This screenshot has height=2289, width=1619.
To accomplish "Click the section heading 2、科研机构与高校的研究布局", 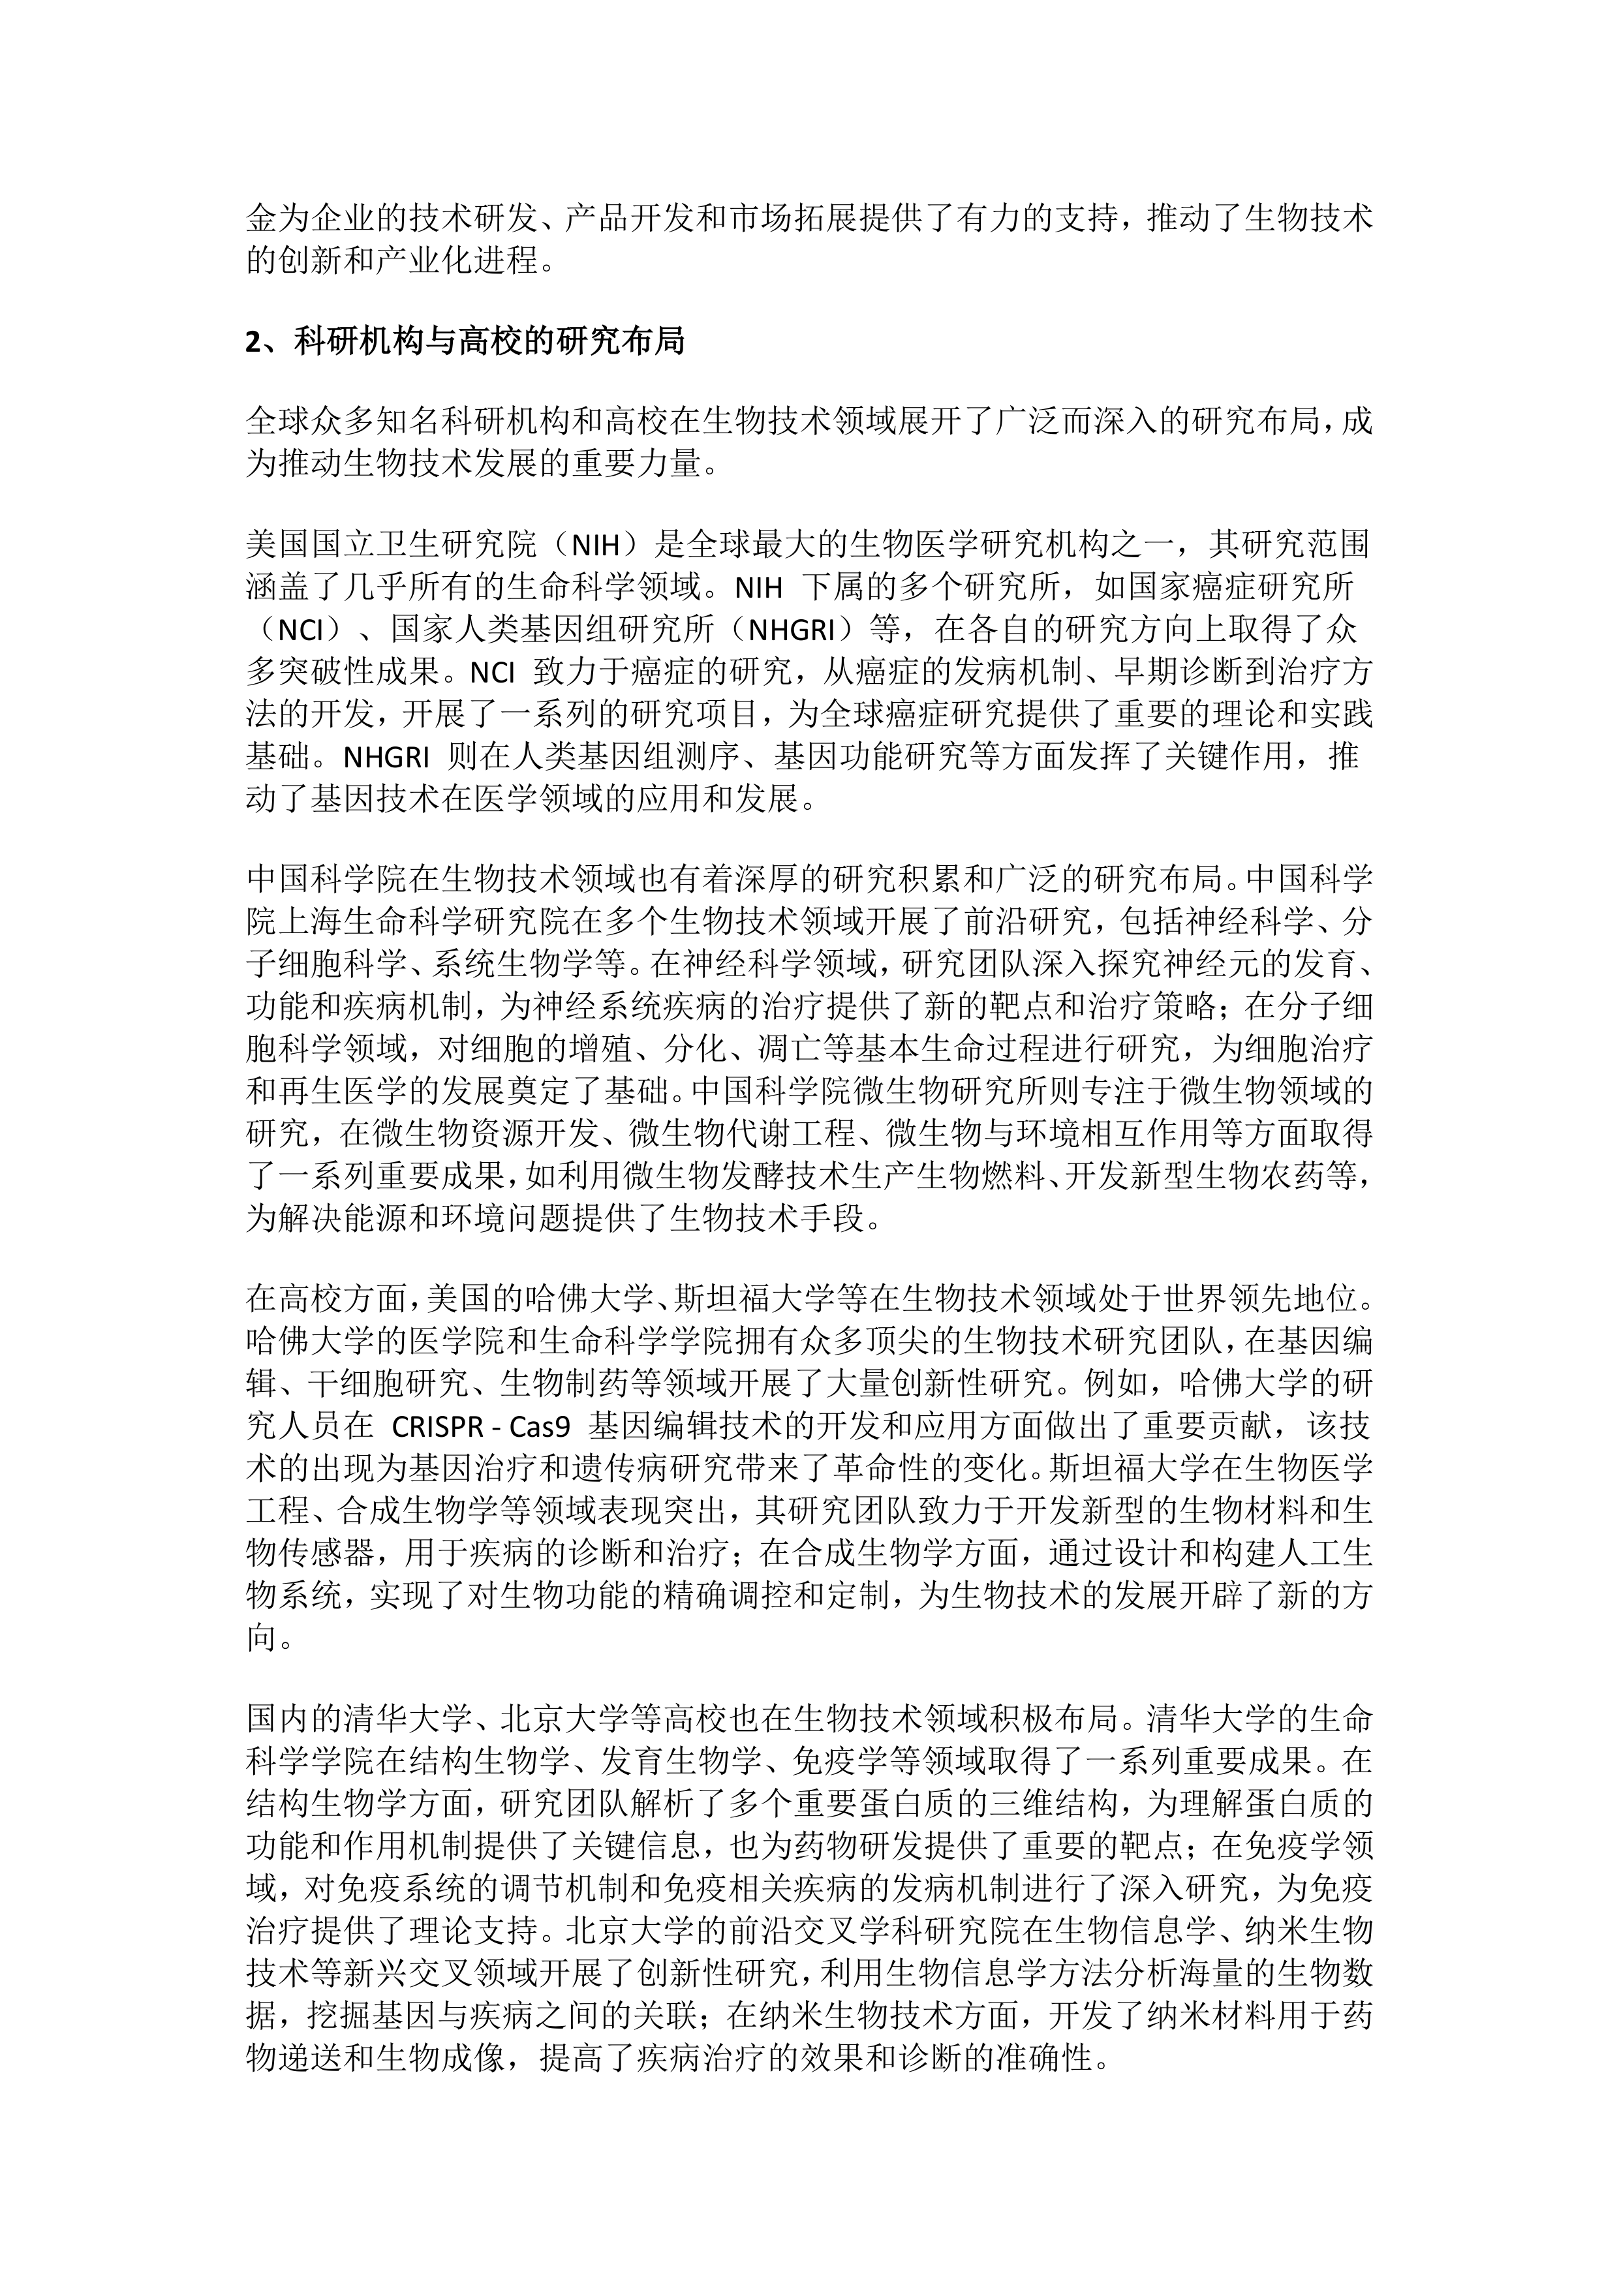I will pyautogui.click(x=465, y=342).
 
